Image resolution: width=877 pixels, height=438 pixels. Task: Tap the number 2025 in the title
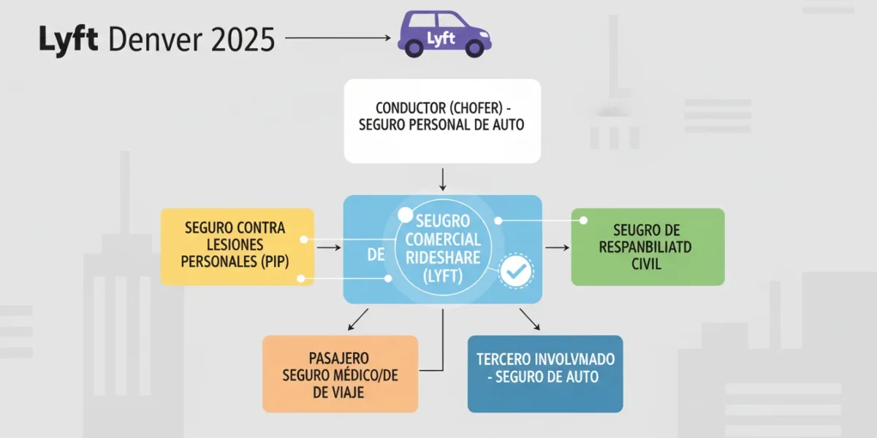243,39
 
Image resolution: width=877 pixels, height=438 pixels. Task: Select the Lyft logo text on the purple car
441,39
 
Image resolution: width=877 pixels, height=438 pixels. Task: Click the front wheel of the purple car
474,48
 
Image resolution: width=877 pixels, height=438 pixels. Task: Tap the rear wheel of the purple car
414,48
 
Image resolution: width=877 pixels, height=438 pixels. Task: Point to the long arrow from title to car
338,37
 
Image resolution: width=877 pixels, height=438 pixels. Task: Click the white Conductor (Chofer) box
442,121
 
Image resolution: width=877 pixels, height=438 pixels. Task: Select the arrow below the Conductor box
443,180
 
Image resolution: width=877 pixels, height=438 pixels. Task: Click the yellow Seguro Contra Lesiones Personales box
238,247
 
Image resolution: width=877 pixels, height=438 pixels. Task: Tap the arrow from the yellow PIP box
329,247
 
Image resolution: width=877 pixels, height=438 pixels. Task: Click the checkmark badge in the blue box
516,272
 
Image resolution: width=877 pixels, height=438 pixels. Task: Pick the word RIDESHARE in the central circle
443,258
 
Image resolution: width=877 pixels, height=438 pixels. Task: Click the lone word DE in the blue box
376,255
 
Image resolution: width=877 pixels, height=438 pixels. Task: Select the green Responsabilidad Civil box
648,247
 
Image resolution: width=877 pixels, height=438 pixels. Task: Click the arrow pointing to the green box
557,247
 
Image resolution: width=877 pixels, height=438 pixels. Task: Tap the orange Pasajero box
341,374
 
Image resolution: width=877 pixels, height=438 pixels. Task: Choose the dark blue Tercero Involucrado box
545,374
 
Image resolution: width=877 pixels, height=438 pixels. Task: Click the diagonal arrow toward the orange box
358,320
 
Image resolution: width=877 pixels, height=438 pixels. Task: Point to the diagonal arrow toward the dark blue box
530,320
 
